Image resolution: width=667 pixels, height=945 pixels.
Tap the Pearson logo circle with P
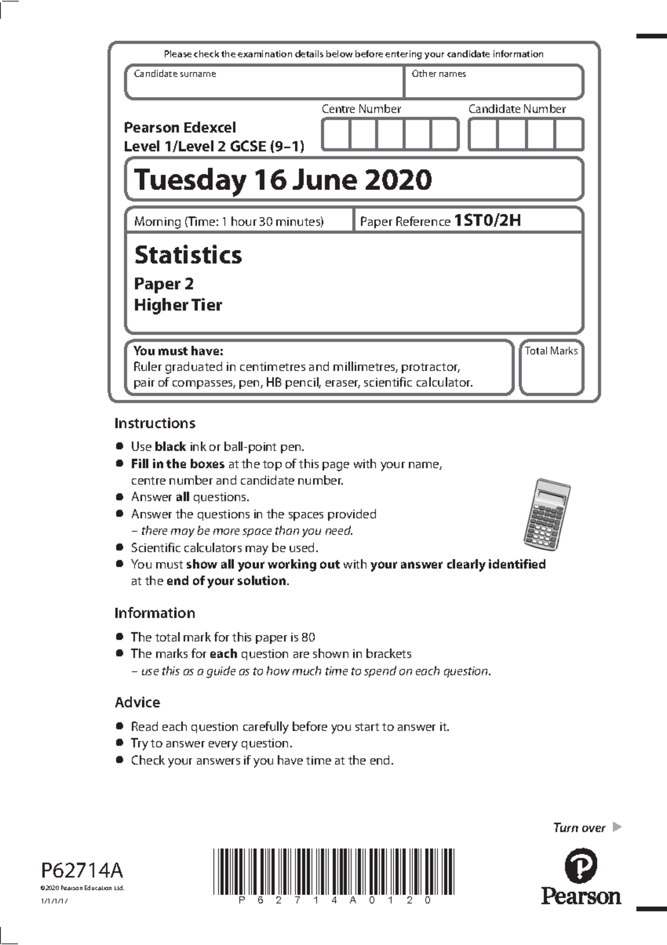pos(580,866)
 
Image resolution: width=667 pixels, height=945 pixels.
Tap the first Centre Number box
pos(336,134)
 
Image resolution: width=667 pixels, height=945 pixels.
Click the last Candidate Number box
pos(569,134)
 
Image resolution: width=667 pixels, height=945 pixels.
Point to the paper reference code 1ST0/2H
pos(487,221)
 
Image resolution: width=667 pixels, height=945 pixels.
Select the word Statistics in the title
pos(188,255)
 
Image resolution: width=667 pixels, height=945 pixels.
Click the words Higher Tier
pos(178,305)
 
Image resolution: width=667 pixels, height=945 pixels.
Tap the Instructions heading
pos(155,423)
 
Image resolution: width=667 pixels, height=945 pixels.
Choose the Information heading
pos(155,613)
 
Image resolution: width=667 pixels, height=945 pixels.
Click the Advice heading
pos(137,702)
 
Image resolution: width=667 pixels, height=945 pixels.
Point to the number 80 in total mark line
pos(308,637)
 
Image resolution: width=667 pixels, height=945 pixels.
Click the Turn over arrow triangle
pos(616,827)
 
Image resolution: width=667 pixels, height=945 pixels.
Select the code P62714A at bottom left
pos(82,869)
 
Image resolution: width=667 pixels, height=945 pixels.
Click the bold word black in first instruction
pos(170,447)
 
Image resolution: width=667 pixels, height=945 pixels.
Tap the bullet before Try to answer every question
pos(119,743)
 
